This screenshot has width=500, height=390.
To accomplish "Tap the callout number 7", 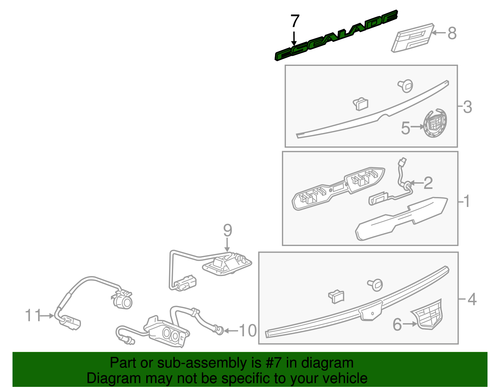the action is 295,21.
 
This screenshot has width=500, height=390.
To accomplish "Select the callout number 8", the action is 452,33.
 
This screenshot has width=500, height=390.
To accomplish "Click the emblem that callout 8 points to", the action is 412,38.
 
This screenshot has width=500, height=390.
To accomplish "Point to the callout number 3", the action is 467,107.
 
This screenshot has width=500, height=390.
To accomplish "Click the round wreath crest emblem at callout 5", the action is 435,123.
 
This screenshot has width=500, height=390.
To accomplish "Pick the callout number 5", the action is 405,128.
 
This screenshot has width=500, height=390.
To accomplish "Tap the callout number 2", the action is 428,183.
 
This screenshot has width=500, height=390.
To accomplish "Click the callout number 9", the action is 227,230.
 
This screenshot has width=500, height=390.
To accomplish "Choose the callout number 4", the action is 472,299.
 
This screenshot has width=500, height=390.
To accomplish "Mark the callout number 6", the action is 397,324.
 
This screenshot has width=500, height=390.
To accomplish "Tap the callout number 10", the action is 248,331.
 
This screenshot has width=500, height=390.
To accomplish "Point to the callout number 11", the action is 33,315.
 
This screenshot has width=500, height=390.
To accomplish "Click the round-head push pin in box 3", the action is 405,86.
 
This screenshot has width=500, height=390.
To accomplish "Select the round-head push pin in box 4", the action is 375,285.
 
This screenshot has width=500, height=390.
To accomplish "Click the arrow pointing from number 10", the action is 231,331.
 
